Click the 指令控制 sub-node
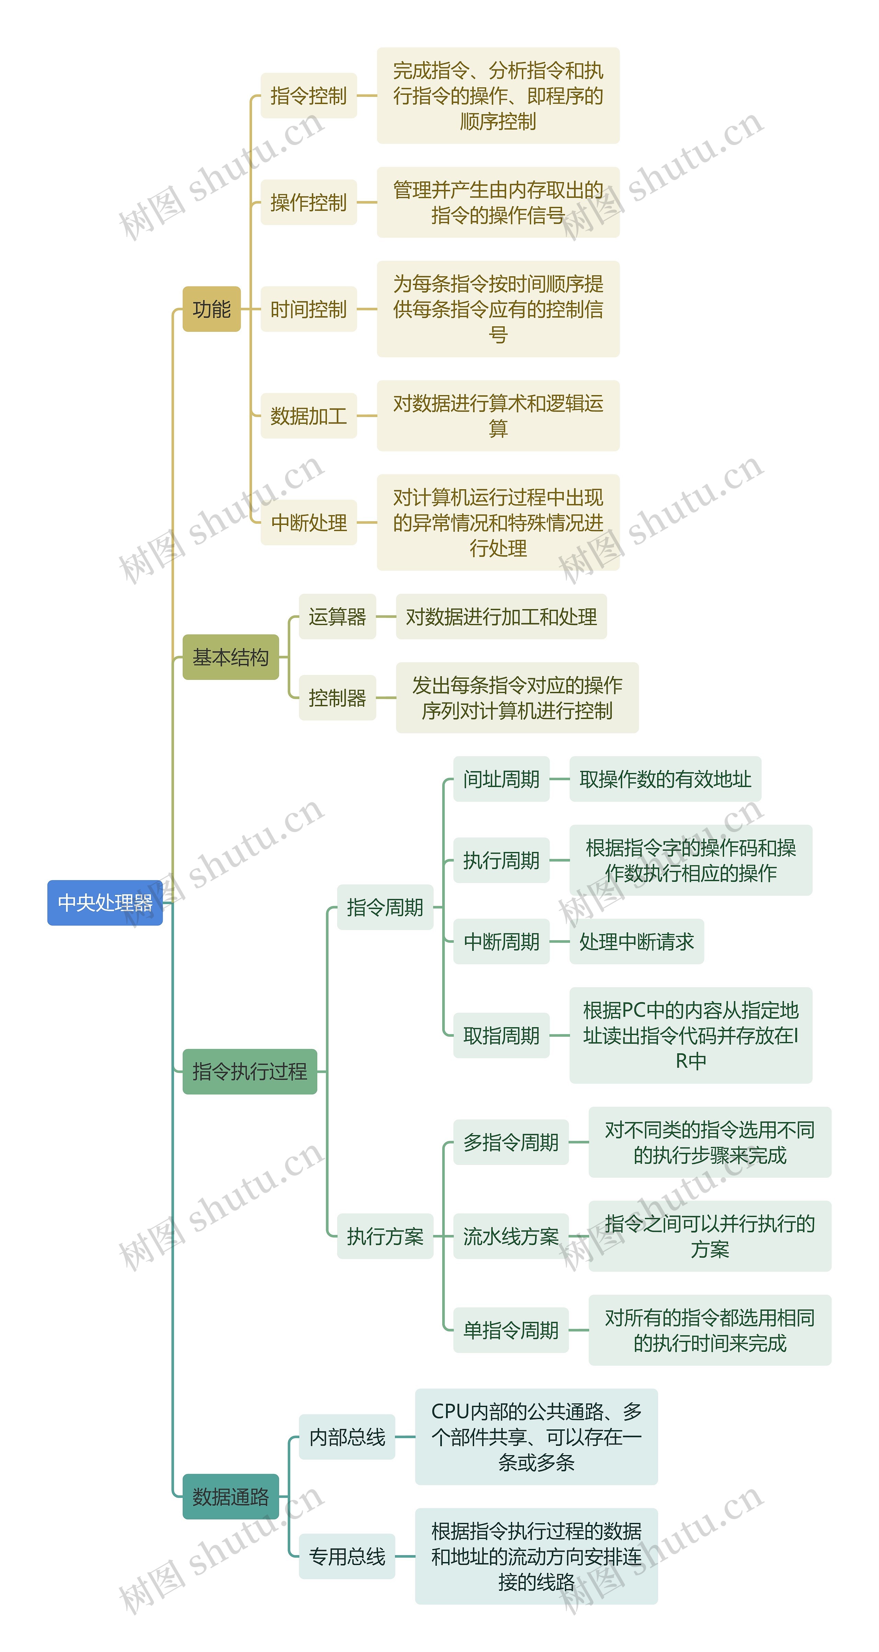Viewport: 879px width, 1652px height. pyautogui.click(x=308, y=95)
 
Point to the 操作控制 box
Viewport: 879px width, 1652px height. pyautogui.click(x=308, y=203)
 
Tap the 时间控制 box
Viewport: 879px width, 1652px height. pyautogui.click(x=308, y=309)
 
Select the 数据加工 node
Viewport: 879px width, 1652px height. pyautogui.click(x=308, y=416)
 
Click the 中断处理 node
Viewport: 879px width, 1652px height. pyautogui.click(x=308, y=522)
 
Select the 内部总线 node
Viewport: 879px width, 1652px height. pyautogui.click(x=347, y=1437)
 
